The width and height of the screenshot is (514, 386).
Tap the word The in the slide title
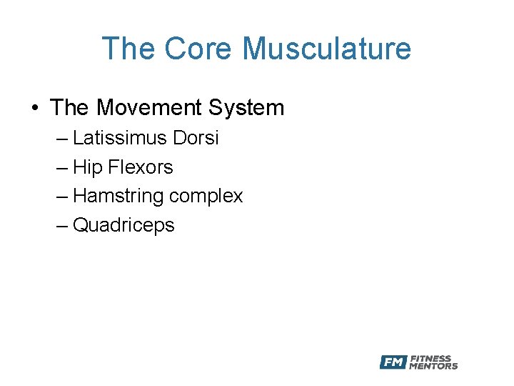(x=128, y=49)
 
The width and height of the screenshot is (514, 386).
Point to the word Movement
(x=150, y=108)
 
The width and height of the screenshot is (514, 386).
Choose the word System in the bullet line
(x=246, y=108)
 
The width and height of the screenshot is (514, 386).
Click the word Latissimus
(x=120, y=138)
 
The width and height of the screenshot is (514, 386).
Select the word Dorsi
(x=195, y=138)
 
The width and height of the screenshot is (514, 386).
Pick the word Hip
(x=88, y=167)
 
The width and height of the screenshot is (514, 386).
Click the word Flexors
(x=141, y=167)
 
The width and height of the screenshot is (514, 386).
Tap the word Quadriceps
(x=124, y=225)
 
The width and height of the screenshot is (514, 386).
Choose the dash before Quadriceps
(x=62, y=226)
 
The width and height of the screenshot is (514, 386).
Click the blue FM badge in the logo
(x=393, y=362)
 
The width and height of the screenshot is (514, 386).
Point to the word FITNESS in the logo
(x=430, y=358)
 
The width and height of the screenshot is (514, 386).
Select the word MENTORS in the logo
(x=433, y=366)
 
